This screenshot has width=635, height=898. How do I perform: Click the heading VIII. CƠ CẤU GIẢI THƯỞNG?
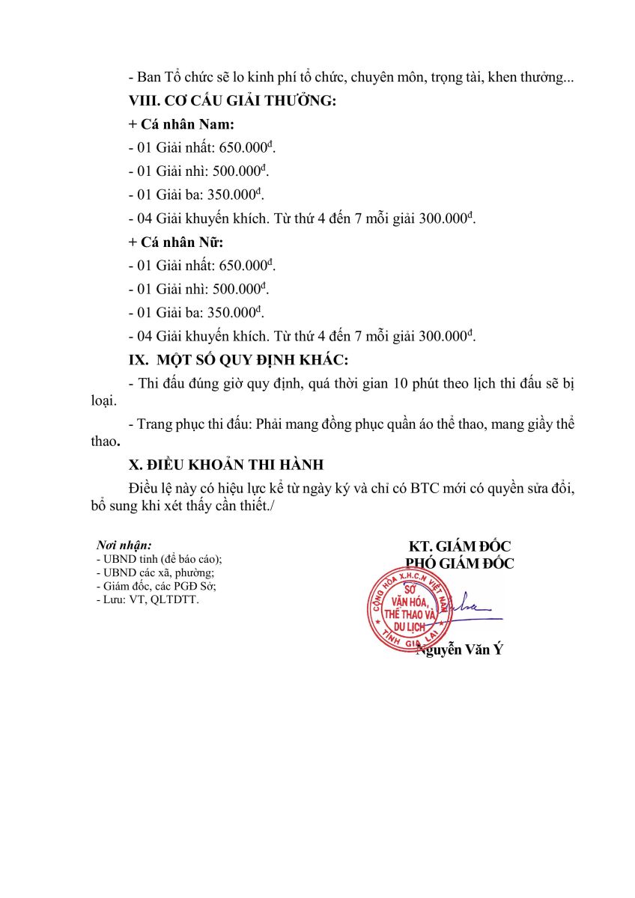232,102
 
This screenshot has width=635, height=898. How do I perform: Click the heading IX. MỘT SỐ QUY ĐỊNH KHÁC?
238,360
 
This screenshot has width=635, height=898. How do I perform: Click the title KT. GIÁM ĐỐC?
459,546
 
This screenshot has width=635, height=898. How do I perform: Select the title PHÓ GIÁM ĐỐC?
459,563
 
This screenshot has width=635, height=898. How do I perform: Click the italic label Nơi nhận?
124,546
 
